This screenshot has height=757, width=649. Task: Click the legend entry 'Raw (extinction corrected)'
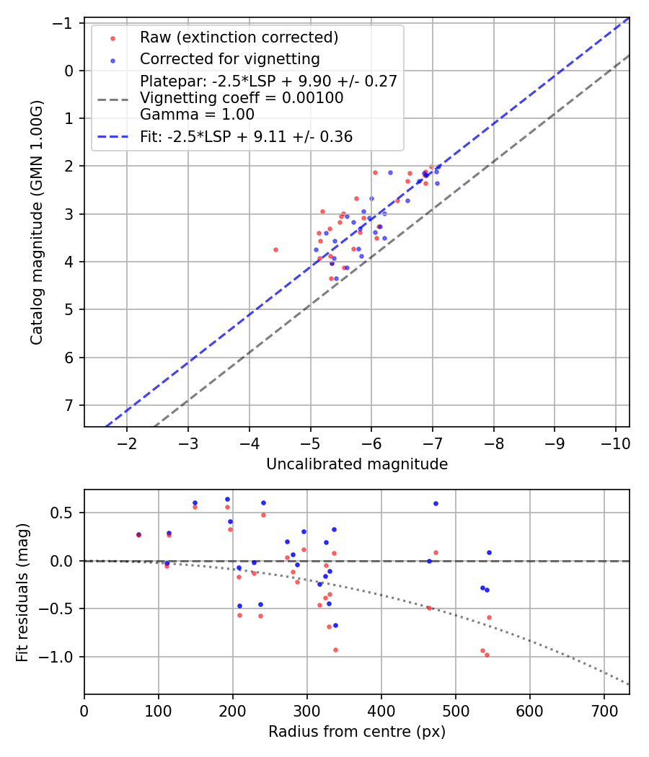tap(239, 37)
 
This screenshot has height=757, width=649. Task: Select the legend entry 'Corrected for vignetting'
tap(229, 58)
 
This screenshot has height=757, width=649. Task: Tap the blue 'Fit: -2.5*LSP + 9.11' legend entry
tap(246, 136)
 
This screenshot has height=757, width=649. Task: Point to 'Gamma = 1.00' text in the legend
tap(197, 114)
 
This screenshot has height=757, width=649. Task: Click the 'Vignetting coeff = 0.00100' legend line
tap(242, 97)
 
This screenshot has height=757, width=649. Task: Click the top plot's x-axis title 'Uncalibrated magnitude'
tap(357, 464)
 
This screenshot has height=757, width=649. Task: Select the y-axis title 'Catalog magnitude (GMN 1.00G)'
tap(37, 222)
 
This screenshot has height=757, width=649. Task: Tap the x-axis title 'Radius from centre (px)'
tap(357, 732)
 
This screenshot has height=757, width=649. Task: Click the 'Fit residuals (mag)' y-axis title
tap(22, 592)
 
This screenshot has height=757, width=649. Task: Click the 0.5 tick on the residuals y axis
tap(67, 513)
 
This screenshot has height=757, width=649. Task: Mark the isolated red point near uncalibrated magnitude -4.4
tap(275, 249)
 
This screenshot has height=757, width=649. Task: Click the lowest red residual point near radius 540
tap(487, 655)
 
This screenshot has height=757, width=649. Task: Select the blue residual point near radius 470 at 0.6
tap(436, 503)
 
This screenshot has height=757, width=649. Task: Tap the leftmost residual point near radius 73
tap(138, 535)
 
